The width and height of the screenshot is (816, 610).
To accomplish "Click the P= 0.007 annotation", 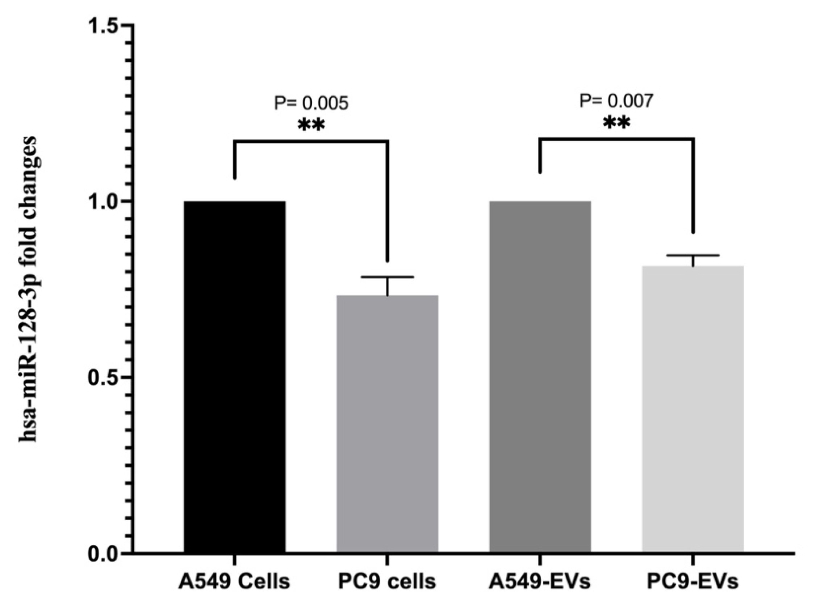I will tap(616, 100).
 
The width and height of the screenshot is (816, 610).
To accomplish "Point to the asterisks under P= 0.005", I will tap(311, 126).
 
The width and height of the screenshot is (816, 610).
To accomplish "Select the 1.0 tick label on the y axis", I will tap(104, 202).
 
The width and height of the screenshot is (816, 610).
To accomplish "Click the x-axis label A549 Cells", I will tap(234, 582).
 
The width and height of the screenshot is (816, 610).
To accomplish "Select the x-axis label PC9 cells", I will tap(387, 582).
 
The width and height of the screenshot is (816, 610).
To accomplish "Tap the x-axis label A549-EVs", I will tap(540, 582).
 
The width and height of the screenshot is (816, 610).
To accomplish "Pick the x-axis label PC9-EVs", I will tap(693, 582).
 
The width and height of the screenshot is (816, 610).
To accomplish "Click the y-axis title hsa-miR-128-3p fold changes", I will tap(28, 289).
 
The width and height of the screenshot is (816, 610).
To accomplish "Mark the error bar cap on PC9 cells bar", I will tap(387, 277).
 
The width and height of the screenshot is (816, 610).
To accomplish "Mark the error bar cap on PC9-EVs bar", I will tap(693, 255).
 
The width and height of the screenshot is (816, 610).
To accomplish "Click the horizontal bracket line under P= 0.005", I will tap(311, 140).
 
